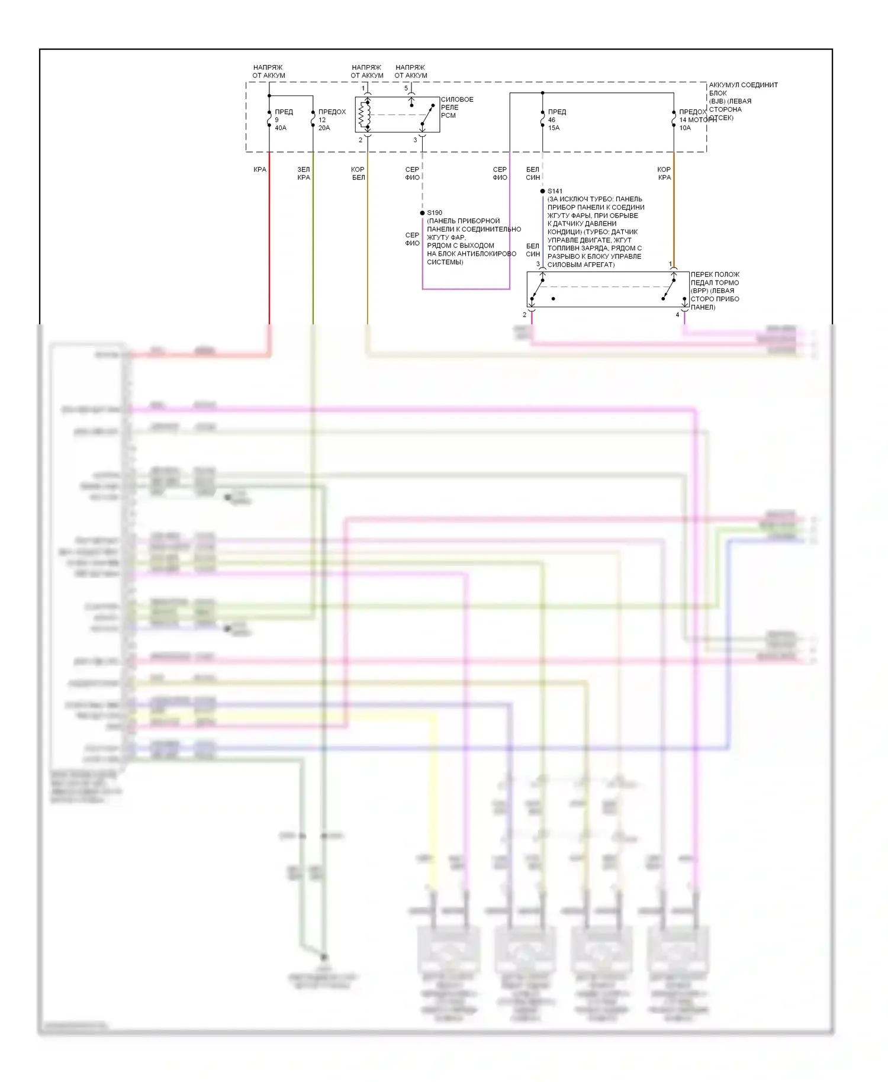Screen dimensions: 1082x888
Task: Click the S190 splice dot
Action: pyautogui.click(x=422, y=213)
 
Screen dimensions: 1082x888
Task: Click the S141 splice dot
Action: pyautogui.click(x=542, y=191)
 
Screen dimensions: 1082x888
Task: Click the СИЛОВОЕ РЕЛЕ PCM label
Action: pyautogui.click(x=456, y=107)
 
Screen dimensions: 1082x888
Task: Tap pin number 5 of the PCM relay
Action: pyautogui.click(x=406, y=88)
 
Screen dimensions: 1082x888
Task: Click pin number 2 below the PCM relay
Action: pyautogui.click(x=361, y=140)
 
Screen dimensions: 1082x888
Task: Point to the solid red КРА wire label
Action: pyautogui.click(x=260, y=170)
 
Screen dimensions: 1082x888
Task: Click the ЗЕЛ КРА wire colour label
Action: pyautogui.click(x=304, y=173)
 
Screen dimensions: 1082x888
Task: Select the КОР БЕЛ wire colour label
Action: pyautogui.click(x=358, y=173)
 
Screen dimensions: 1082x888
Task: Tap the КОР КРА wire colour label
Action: pyautogui.click(x=664, y=173)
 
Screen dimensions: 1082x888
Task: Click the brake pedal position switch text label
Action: pyautogui.click(x=715, y=291)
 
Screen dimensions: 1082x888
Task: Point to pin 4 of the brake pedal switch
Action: pyautogui.click(x=677, y=315)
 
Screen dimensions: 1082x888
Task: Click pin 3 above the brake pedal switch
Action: pyautogui.click(x=538, y=265)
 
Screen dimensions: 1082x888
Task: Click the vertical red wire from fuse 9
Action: pyautogui.click(x=269, y=237)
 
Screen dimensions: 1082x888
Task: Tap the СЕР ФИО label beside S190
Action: pyautogui.click(x=412, y=239)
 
